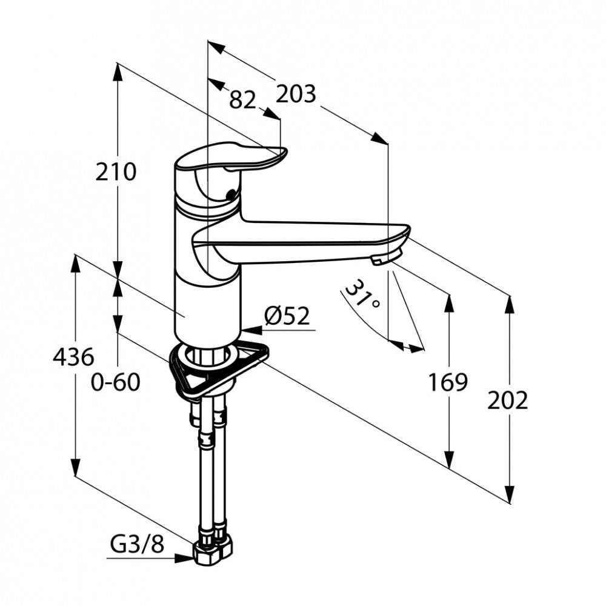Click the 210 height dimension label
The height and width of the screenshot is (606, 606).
pyautogui.click(x=116, y=172)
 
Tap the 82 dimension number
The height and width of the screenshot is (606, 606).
pyautogui.click(x=243, y=100)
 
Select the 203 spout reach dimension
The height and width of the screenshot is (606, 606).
pyautogui.click(x=296, y=94)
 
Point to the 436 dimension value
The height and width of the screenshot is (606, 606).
pyautogui.click(x=73, y=357)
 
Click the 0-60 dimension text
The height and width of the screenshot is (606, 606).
pyautogui.click(x=115, y=382)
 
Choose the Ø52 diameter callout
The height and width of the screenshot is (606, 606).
pyautogui.click(x=287, y=316)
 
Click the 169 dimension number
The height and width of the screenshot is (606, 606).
pyautogui.click(x=448, y=382)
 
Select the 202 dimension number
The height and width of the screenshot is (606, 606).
pyautogui.click(x=507, y=401)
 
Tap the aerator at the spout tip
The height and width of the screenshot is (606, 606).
pyautogui.click(x=387, y=257)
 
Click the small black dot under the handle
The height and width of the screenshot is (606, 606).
pyautogui.click(x=231, y=194)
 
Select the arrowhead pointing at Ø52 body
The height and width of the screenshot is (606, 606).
pyautogui.click(x=252, y=330)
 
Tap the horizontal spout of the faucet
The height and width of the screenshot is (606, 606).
pyautogui.click(x=301, y=242)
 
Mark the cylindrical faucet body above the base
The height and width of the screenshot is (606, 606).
pyautogui.click(x=207, y=309)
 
